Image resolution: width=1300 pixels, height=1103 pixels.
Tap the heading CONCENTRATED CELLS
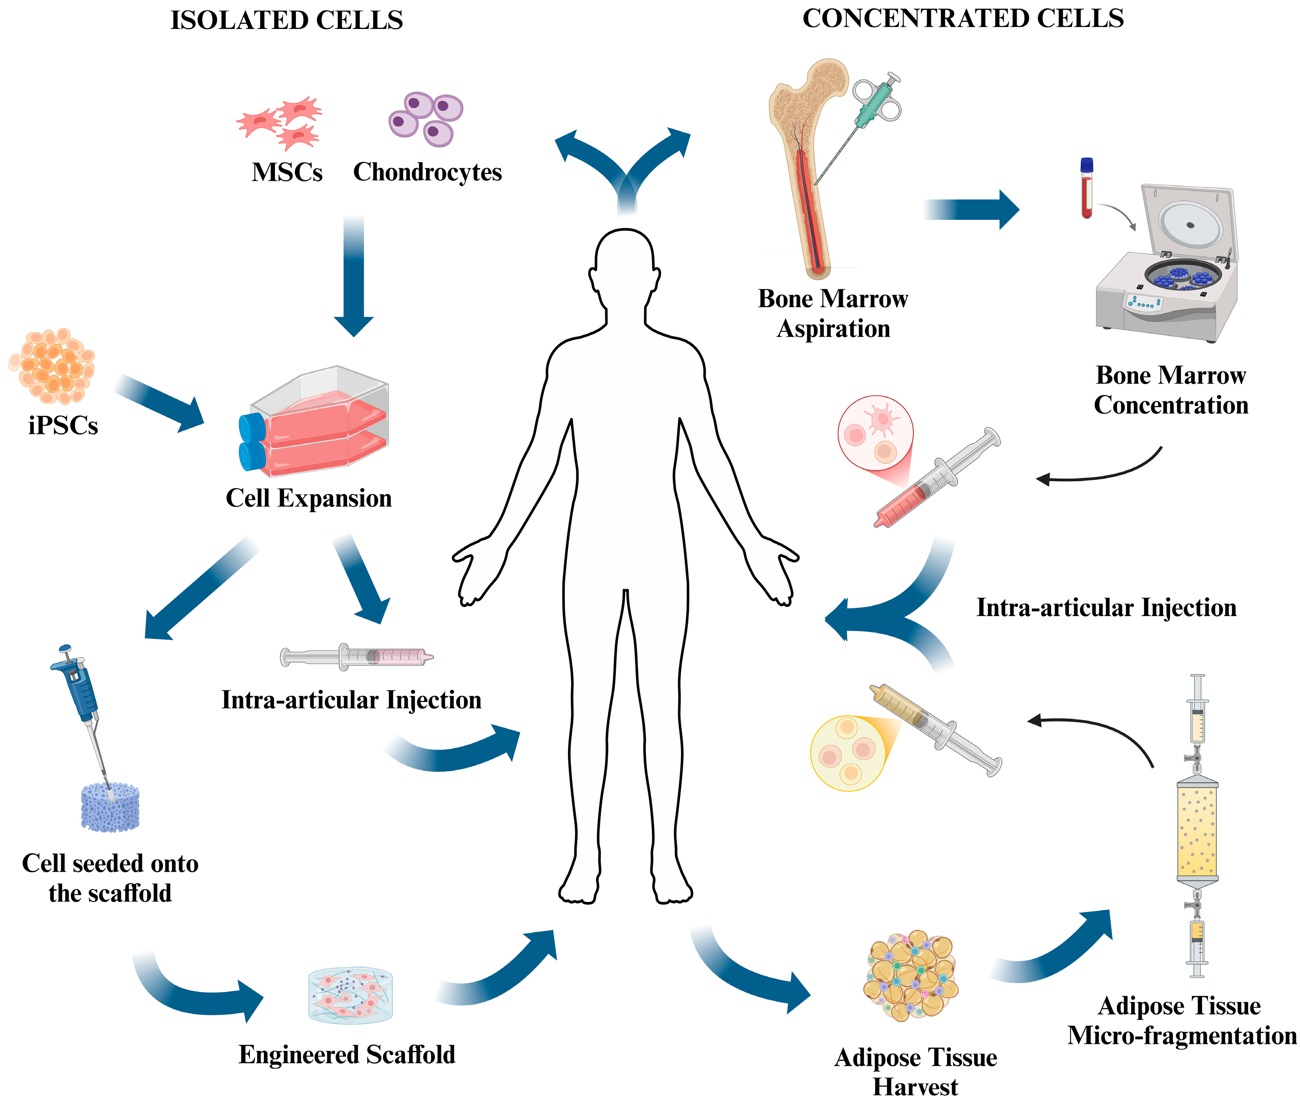tap(962, 19)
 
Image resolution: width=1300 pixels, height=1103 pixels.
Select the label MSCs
tap(287, 172)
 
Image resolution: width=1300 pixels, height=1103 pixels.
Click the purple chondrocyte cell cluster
tap(426, 119)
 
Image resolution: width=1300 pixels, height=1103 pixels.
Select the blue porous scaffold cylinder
tap(110, 808)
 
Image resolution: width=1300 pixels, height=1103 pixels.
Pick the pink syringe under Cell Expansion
tap(356, 657)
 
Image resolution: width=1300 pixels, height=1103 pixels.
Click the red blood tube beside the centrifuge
tap(1087, 187)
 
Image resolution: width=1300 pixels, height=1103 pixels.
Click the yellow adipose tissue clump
tap(910, 976)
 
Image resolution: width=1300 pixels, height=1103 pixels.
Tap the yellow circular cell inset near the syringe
tap(847, 753)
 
